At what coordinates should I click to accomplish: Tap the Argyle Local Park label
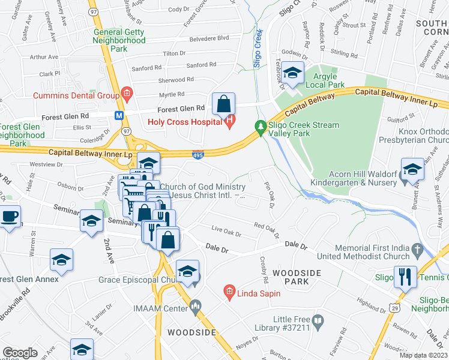pos(330,80)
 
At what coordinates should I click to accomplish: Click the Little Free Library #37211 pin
pos(319,324)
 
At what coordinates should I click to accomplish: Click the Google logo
pos(20,353)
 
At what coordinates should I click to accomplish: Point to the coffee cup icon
pos(10,216)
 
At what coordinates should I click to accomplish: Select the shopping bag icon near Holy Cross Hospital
pos(223,103)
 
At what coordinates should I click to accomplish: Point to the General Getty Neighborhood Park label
pos(119,40)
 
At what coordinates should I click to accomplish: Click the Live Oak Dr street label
pos(226,231)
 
